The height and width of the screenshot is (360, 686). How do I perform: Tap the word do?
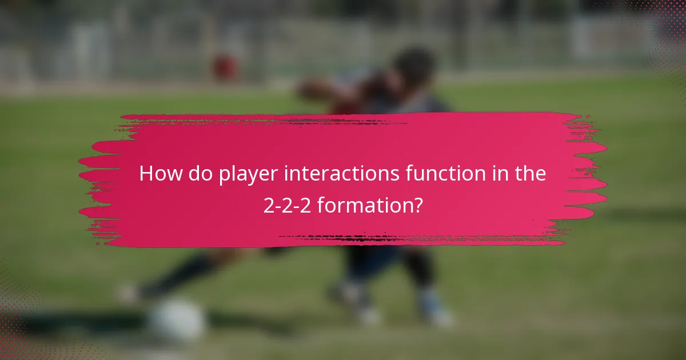pos(198,174)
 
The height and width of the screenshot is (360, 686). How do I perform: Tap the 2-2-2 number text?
pos(288,205)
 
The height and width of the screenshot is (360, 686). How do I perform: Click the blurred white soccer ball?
pos(176,322)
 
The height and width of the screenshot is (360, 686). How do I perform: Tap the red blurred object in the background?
pos(226,67)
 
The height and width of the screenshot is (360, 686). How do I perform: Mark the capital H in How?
pos(147,174)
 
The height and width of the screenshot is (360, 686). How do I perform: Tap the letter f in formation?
pos(321,205)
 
